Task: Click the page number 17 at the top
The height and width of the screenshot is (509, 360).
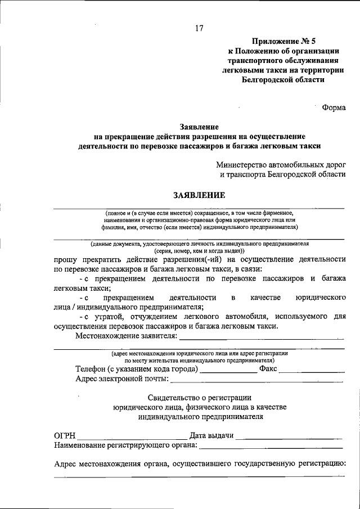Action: point(199,29)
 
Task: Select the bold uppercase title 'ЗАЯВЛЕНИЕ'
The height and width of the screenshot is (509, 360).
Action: point(199,195)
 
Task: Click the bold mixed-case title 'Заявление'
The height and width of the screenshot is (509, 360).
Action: point(199,127)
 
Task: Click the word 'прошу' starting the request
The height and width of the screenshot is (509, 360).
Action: point(66,259)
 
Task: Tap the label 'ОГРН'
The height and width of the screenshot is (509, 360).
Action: point(65,436)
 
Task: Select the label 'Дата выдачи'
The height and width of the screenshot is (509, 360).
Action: point(212,436)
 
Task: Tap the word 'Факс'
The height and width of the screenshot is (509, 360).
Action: point(268,370)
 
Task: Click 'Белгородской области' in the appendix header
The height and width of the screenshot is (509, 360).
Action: point(283,79)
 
